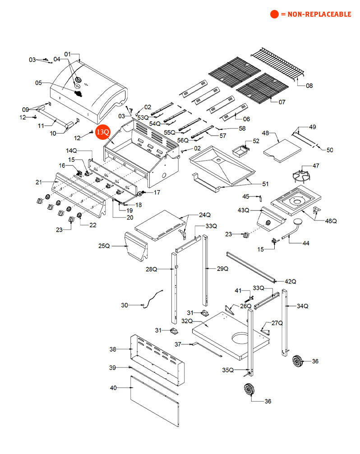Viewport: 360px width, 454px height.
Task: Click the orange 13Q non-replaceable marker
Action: coord(102,132)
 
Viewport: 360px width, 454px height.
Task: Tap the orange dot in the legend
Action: coord(274,14)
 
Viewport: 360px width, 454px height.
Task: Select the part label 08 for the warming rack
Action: coord(309,85)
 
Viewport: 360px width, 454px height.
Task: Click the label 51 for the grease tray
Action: coord(265,184)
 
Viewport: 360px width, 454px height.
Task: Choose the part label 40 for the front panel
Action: coord(113,388)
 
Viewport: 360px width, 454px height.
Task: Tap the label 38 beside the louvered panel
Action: coord(113,349)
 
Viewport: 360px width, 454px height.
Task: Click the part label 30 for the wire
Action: coord(125,305)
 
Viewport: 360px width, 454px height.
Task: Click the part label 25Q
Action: coord(104,246)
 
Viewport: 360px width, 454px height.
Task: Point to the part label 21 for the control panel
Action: coord(39,182)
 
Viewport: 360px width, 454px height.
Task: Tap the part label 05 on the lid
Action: coord(38,83)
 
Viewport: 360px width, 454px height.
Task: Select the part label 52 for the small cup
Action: coord(256,141)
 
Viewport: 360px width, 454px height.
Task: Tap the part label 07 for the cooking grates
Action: coord(282,102)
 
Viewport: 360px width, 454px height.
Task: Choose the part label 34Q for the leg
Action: coord(302,306)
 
